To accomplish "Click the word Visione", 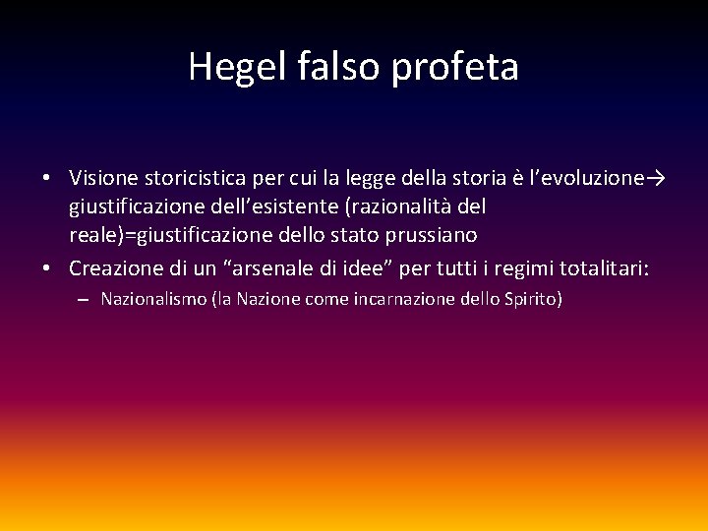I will [103, 179].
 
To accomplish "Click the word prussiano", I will [432, 235].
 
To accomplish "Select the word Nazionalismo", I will [153, 299].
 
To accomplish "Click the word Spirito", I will [530, 299].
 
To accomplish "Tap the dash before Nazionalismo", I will [82, 300].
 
